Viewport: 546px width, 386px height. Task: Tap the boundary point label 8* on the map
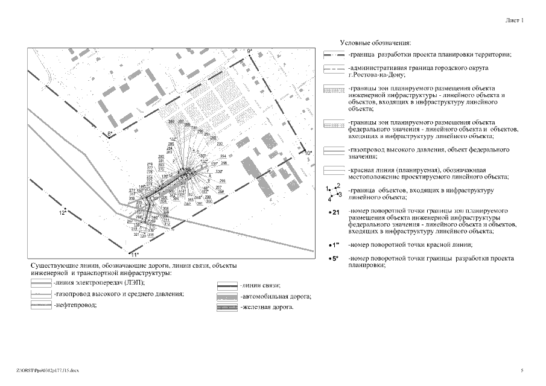pos(110,133)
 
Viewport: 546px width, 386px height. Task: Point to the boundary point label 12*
pos(62,213)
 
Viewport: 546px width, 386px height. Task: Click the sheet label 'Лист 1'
pos(515,20)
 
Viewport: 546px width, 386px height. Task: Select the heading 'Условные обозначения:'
pos(375,43)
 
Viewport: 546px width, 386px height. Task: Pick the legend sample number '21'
pos(336,213)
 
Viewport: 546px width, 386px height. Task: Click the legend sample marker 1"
pos(336,245)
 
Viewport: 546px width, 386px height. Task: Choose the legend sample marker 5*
pos(336,259)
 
